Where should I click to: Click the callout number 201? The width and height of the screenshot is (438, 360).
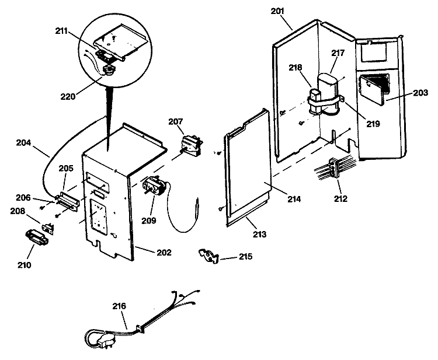point(277,11)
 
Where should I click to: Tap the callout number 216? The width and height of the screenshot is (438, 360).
point(119,306)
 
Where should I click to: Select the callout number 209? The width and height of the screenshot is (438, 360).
point(148,221)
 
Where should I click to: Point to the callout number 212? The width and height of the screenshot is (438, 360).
point(341,199)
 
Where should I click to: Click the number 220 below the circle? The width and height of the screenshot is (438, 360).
point(68,97)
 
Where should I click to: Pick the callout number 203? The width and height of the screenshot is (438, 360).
point(420,93)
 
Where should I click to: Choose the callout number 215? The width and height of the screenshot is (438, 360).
point(245,257)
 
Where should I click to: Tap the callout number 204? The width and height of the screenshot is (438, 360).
point(23,143)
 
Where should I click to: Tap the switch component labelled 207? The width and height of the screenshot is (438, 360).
point(192,145)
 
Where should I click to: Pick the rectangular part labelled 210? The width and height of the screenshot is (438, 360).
point(37,237)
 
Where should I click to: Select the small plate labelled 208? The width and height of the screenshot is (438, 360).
point(48,227)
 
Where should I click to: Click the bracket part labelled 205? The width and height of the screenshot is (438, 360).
point(69,200)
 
